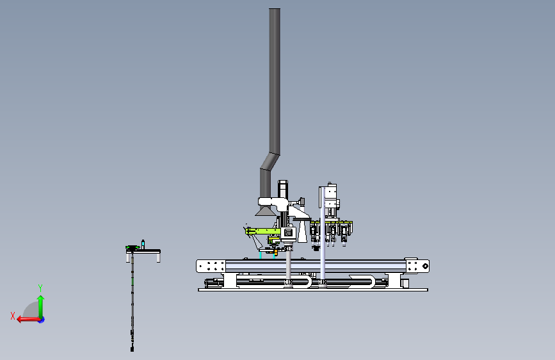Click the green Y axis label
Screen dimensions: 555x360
pos(40,288)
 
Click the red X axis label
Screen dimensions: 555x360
pos(13,316)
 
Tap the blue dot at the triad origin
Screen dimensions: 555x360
pos(42,320)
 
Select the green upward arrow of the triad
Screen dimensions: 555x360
pos(41,306)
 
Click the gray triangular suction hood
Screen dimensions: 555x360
pos(264,211)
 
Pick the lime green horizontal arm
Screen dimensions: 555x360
pos(263,231)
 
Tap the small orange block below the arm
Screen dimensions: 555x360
pos(276,252)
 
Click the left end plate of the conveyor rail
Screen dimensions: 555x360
pos(211,266)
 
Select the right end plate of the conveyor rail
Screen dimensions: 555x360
pos(417,266)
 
